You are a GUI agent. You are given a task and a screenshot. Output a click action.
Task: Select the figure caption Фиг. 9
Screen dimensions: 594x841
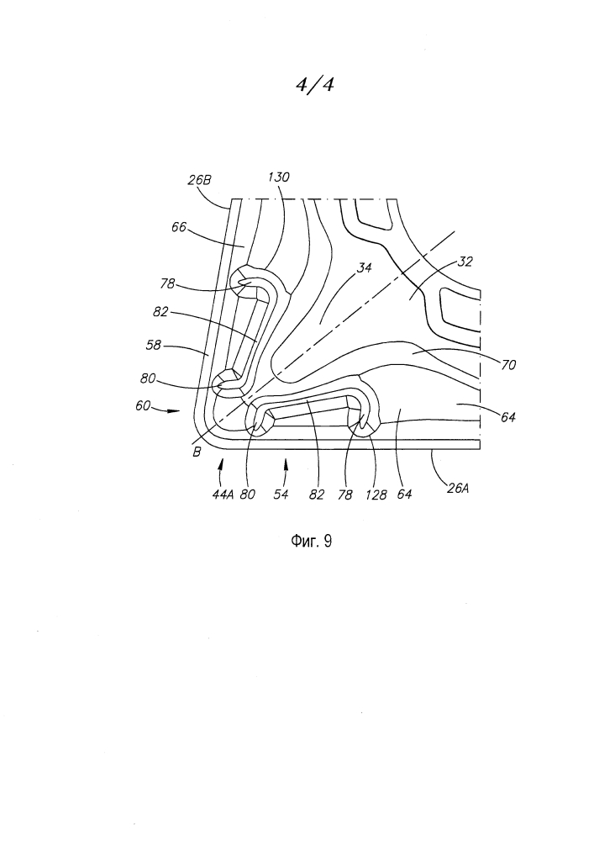[311, 541]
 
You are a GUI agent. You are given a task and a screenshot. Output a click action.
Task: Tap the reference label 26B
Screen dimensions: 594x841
[199, 180]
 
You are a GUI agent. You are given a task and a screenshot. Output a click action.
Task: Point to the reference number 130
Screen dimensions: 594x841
[279, 177]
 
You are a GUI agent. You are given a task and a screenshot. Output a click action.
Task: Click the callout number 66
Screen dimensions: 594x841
[179, 227]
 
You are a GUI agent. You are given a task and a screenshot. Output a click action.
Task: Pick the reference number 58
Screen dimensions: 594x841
[154, 345]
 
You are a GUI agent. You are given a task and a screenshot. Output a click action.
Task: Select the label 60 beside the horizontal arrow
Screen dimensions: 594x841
[143, 406]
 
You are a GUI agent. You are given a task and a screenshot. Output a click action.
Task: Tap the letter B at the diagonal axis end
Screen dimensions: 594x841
[197, 452]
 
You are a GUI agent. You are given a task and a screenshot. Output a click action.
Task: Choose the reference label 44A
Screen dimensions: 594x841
[223, 495]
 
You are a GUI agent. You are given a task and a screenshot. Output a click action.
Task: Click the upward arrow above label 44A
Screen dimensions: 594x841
[219, 470]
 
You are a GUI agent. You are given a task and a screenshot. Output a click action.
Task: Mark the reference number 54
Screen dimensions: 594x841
[281, 494]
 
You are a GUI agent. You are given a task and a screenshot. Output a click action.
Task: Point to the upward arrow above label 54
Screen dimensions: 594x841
[286, 470]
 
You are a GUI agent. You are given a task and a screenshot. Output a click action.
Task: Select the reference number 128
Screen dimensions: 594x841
[376, 495]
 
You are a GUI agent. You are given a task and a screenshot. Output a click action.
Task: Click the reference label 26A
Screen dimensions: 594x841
[457, 488]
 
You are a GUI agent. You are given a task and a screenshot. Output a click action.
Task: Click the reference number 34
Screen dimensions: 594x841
[365, 267]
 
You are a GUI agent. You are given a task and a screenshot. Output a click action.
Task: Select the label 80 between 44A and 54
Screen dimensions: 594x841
[248, 494]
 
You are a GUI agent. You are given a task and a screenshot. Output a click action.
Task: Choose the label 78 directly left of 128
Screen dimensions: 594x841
[345, 495]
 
